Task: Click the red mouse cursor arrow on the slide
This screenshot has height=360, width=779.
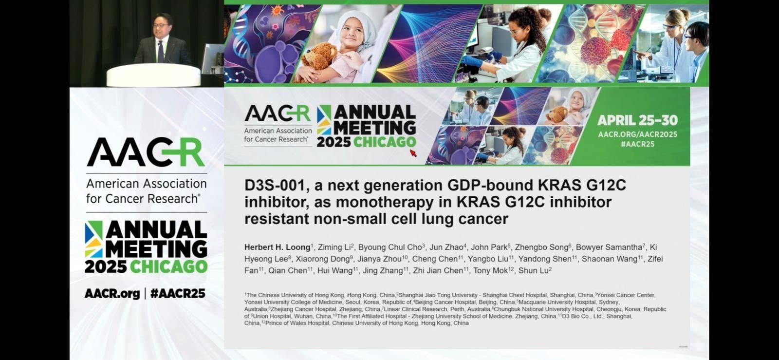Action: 413,153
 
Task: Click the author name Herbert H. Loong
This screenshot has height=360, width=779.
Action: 277,247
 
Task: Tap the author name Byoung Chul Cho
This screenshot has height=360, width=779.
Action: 390,247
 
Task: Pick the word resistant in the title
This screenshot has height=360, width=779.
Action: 276,219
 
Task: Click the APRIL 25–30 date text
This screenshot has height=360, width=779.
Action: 637,120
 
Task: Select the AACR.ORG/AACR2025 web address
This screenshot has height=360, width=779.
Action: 637,134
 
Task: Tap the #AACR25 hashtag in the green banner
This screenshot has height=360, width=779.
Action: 637,144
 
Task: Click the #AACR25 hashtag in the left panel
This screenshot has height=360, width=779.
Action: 178,294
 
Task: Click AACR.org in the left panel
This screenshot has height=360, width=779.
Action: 112,294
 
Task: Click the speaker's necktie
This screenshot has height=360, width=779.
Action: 160,52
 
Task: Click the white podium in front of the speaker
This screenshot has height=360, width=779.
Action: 153,75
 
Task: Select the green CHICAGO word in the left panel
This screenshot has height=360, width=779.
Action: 168,267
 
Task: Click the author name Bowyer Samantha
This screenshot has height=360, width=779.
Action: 609,247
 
